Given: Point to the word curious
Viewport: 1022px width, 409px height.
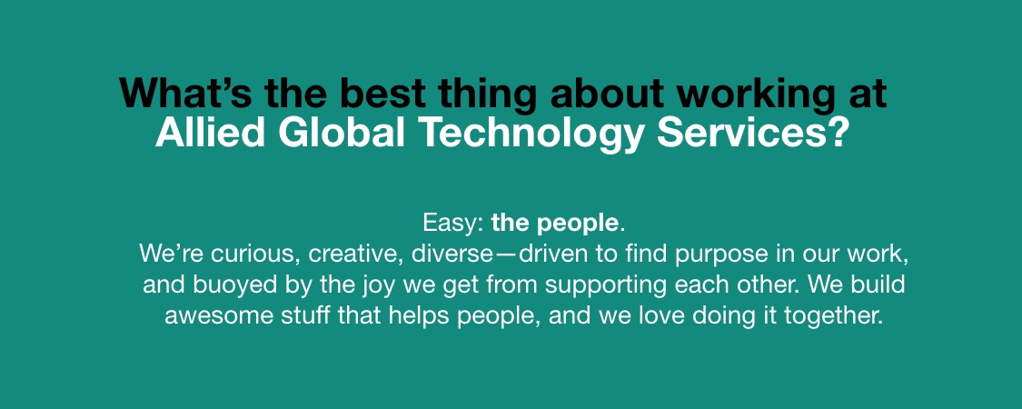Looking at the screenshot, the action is pyautogui.click(x=257, y=254).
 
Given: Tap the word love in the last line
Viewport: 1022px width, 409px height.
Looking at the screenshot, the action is pyautogui.click(x=657, y=316).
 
